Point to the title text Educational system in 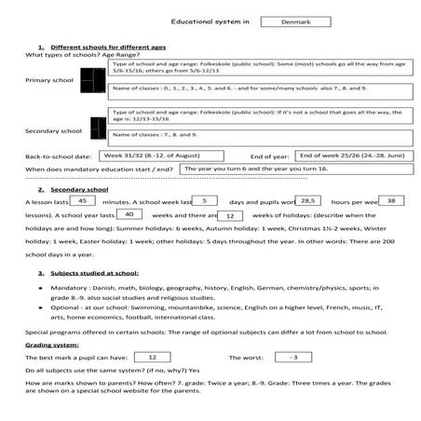pos(211,20)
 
